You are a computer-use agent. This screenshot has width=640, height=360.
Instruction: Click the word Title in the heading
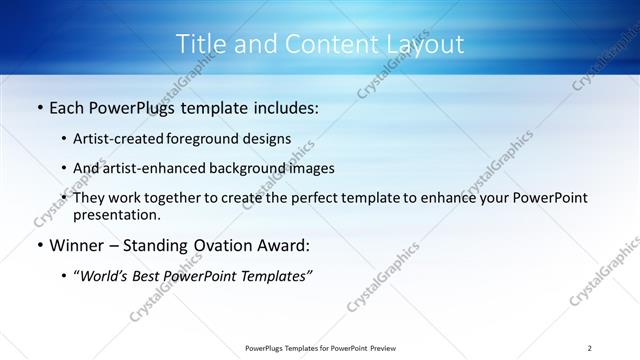point(200,44)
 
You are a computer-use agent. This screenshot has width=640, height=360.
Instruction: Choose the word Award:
point(284,245)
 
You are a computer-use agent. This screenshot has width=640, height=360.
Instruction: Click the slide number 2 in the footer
point(589,347)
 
